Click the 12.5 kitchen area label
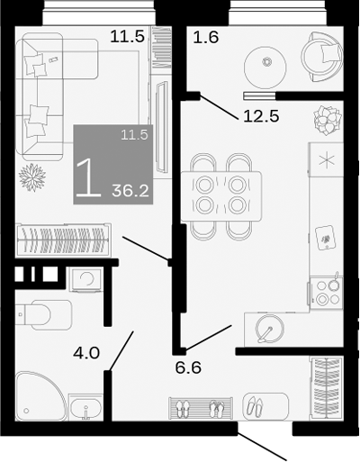(258, 115)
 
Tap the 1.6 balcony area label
(206, 37)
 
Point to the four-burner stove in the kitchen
(326, 292)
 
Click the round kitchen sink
(267, 330)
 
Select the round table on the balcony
(266, 62)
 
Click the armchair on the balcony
(319, 56)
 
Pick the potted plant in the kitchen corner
(324, 118)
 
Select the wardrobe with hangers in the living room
(63, 240)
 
